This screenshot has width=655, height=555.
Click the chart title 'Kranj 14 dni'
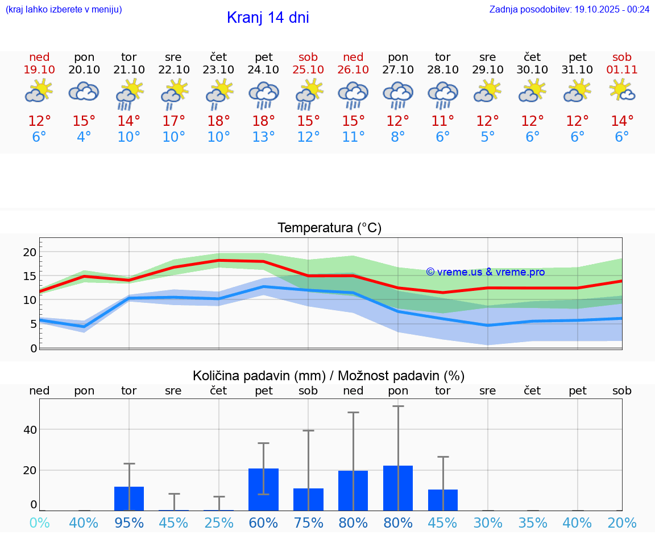point(268,18)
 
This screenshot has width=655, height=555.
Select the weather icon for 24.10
point(264,94)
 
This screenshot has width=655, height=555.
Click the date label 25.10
point(308,69)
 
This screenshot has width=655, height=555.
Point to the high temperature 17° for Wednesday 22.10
point(173,121)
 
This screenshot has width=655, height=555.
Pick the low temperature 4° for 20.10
point(84,137)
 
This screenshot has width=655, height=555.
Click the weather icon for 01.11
point(622,91)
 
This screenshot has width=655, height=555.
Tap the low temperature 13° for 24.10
point(264,137)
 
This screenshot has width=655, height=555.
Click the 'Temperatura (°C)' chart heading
point(329,228)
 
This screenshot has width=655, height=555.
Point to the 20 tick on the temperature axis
point(30,252)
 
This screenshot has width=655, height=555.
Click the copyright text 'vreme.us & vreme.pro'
point(486,272)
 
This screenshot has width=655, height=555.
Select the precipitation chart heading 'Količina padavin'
point(329,376)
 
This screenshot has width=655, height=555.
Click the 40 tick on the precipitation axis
point(30,430)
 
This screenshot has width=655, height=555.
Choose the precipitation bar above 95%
point(129,499)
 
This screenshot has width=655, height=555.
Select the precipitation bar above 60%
point(264,490)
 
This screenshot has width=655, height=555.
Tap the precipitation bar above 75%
point(308,499)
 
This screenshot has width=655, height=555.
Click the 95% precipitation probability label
point(129,523)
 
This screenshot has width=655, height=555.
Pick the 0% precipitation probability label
point(39,523)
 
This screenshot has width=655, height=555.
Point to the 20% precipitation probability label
point(622,523)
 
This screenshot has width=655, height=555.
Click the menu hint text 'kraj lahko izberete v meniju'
point(64,9)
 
